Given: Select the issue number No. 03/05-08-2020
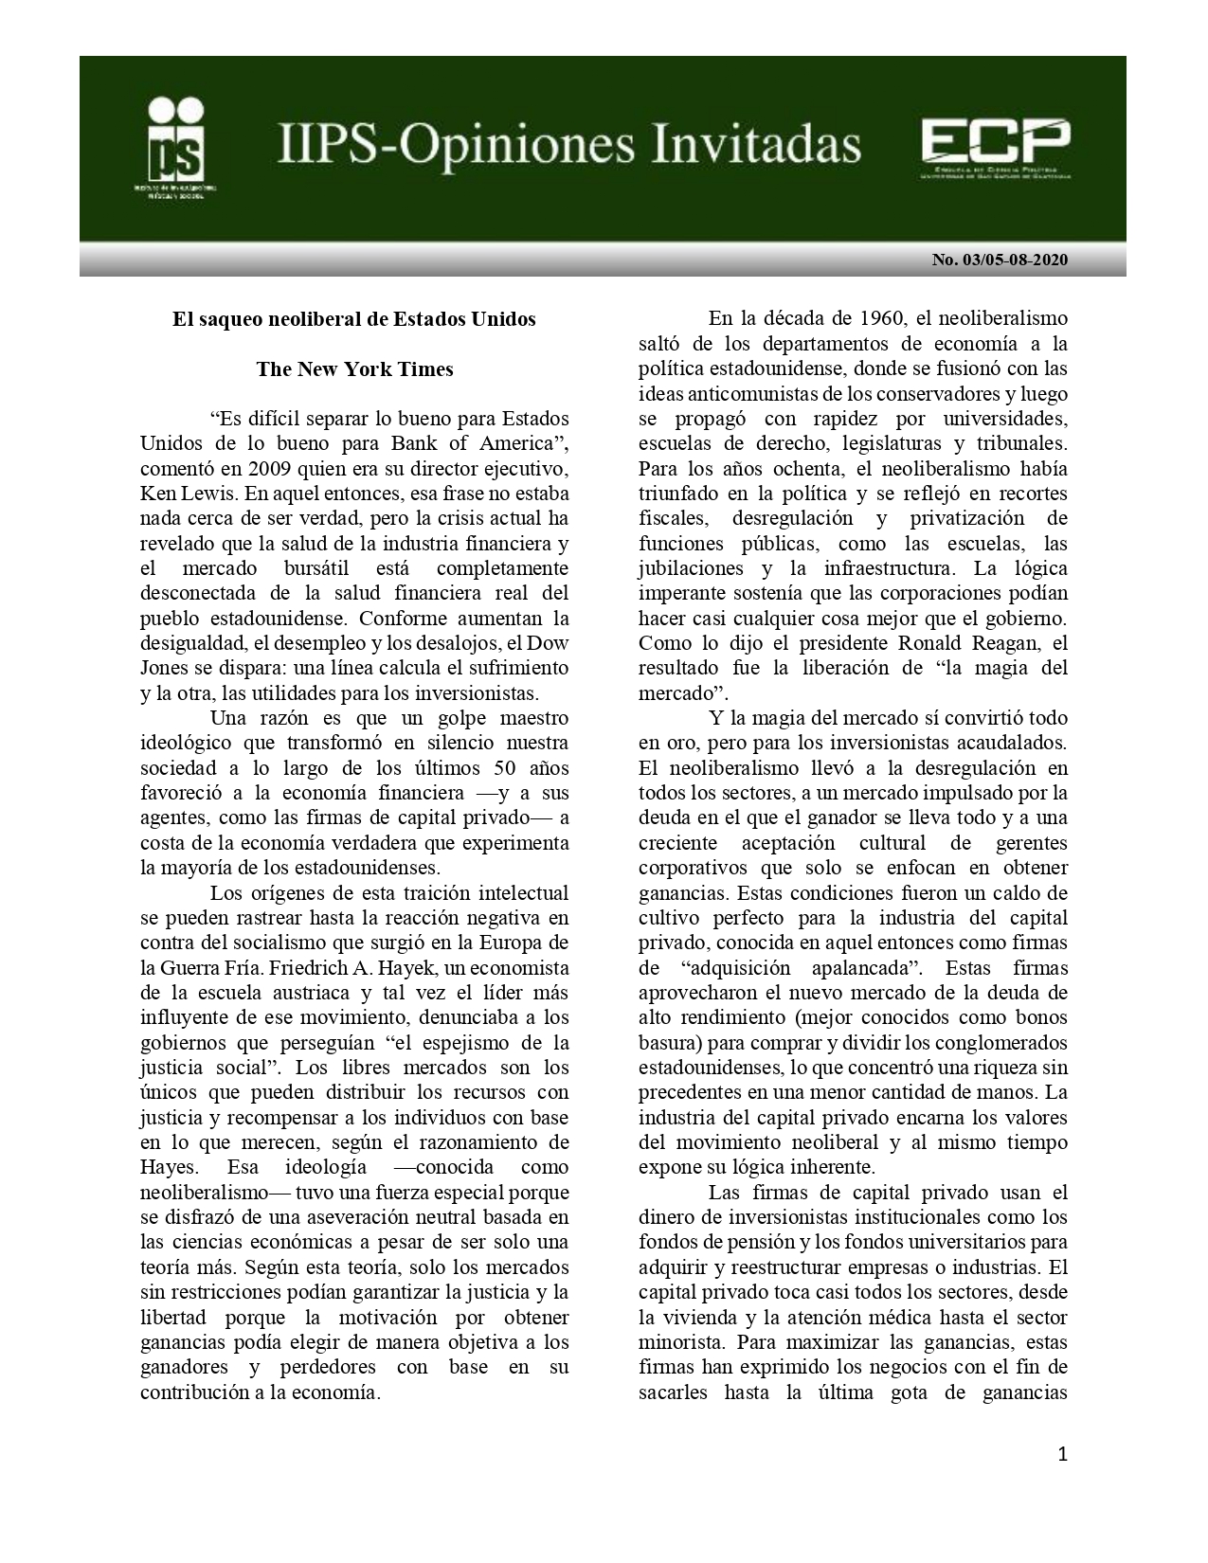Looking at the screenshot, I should [x=1000, y=260].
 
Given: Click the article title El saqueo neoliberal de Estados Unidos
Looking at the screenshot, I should [x=353, y=319].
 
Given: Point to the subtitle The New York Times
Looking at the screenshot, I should [x=354, y=369].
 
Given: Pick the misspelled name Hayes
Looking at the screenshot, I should [x=167, y=1167].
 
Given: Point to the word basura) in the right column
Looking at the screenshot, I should [x=672, y=1043].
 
